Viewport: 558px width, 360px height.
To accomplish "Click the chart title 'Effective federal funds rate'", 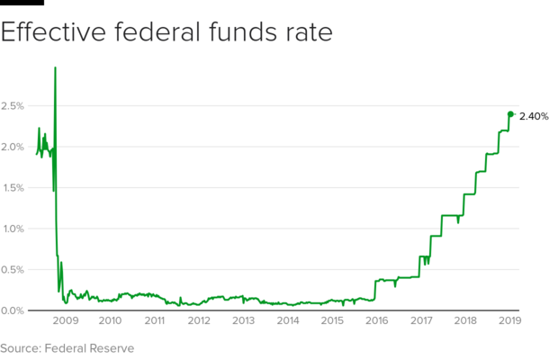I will coord(167,33).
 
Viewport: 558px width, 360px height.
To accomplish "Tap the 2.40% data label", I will coord(534,116).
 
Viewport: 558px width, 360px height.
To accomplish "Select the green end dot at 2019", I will coord(510,113).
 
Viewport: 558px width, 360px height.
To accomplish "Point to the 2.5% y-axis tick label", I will coord(13,106).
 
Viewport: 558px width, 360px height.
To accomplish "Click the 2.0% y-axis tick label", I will coord(13,147).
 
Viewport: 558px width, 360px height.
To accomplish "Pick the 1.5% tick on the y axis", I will coord(13,188).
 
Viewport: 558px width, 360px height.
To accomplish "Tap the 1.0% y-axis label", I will coord(13,229).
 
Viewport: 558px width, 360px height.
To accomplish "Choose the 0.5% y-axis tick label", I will coord(13,269).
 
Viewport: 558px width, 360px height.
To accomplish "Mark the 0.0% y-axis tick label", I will coord(13,310).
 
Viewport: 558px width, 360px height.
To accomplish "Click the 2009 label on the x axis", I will coord(66,320).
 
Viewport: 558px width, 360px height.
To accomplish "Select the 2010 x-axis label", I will coord(110,320).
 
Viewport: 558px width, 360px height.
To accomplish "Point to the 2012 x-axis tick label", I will coord(199,320).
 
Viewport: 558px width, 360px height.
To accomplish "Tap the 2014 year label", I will coord(288,320).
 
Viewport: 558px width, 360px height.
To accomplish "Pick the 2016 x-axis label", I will coord(377,320).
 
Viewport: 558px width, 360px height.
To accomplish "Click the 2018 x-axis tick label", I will coord(466,320).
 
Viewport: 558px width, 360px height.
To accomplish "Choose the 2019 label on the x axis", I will coord(510,320).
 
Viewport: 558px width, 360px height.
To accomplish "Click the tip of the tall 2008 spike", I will coord(56,67).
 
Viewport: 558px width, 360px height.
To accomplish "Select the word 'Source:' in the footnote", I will coord(22,346).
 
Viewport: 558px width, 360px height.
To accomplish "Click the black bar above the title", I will coord(22,3).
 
